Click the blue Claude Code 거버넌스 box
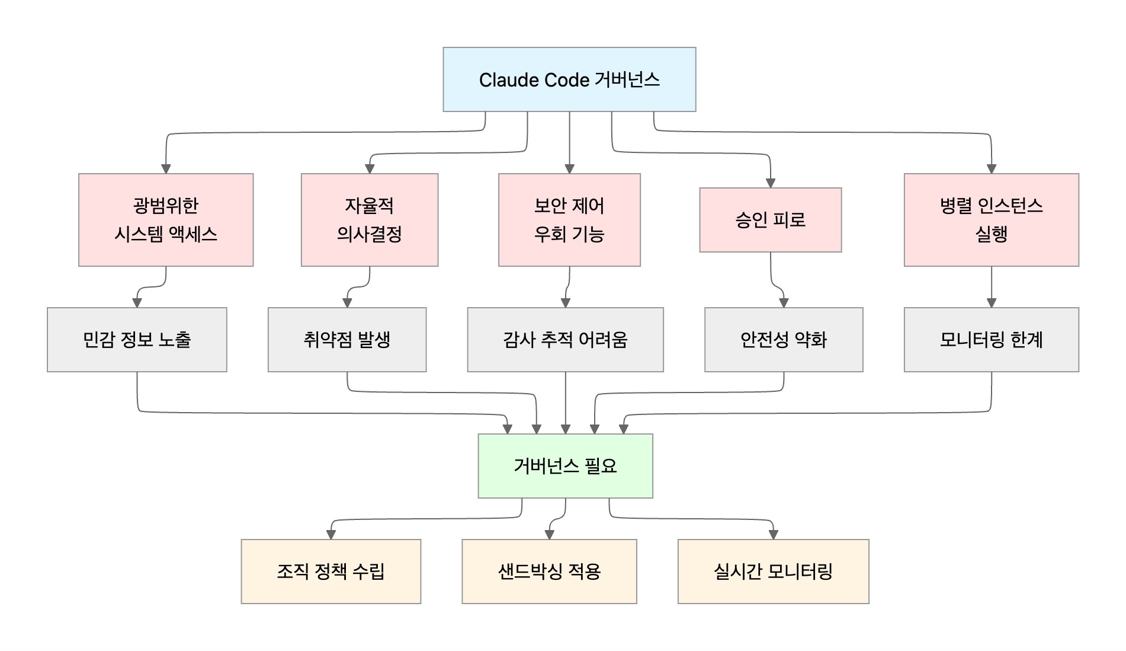click(x=569, y=79)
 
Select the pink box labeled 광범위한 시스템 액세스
click(x=166, y=220)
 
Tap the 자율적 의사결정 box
click(x=369, y=220)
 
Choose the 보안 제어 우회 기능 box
click(x=569, y=220)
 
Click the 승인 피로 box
click(x=770, y=220)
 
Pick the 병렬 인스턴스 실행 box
click(x=991, y=220)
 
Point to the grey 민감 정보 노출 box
click(x=137, y=340)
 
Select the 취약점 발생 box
click(x=347, y=340)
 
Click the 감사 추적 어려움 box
click(x=565, y=340)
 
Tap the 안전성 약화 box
click(x=783, y=340)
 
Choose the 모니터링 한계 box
click(x=991, y=340)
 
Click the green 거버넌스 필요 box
click(x=565, y=466)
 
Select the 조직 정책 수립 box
click(x=331, y=572)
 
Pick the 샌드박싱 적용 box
click(x=549, y=572)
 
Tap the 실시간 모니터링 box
click(x=773, y=572)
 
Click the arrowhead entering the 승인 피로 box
click(x=770, y=183)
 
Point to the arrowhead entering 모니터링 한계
click(x=991, y=303)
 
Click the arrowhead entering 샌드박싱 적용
click(x=549, y=535)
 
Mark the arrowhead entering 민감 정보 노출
click(x=137, y=303)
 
